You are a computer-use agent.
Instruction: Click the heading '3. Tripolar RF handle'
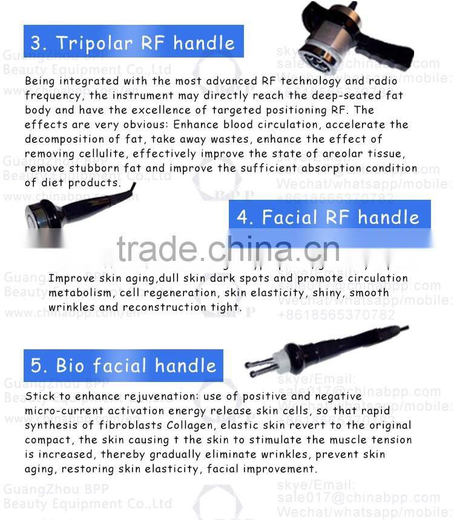[x=133, y=42]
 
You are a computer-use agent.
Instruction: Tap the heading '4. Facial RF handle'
[x=328, y=217]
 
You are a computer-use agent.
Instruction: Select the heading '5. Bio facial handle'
[x=123, y=366]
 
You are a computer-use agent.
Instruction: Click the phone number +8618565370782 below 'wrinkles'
[x=344, y=315]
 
